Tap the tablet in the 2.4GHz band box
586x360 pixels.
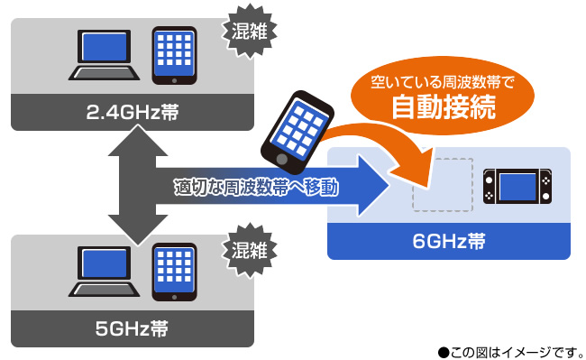(x=175, y=54)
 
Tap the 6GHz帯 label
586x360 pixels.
(x=448, y=242)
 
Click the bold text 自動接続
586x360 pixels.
(x=443, y=108)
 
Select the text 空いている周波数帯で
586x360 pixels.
(x=443, y=84)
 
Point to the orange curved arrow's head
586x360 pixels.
(x=415, y=164)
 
